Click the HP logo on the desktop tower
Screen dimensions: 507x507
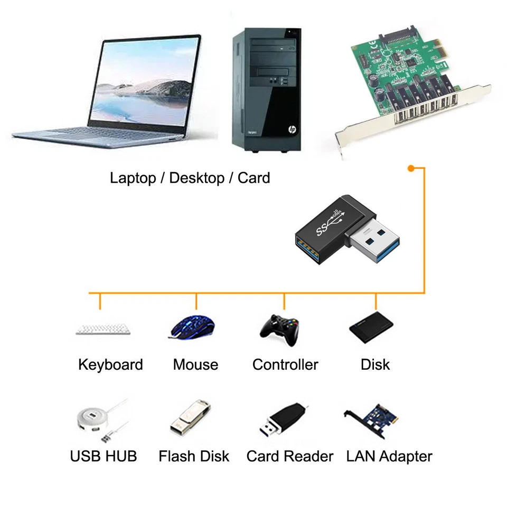pos(290,129)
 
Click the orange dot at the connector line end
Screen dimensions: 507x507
pos(410,168)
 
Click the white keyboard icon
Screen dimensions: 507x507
pos(103,328)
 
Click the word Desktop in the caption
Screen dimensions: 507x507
pos(196,178)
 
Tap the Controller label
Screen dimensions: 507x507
pos(285,364)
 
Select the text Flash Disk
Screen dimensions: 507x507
pos(194,456)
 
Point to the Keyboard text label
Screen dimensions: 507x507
pos(110,364)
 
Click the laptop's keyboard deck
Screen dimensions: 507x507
pos(98,135)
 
